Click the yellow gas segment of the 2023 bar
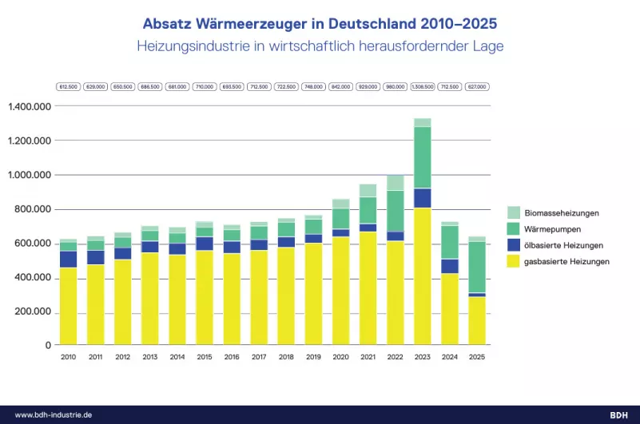(422, 275)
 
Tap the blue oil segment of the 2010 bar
(69, 259)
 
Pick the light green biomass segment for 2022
(395, 183)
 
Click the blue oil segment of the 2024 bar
(449, 266)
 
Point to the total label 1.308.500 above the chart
(422, 86)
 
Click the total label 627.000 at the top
(476, 86)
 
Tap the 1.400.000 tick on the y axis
(30, 106)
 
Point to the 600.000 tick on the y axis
(33, 244)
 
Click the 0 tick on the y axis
(49, 345)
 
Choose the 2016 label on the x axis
(232, 357)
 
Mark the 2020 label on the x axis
(340, 357)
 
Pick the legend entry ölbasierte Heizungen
(564, 244)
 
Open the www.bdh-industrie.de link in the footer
(54, 414)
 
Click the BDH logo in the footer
(618, 414)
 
